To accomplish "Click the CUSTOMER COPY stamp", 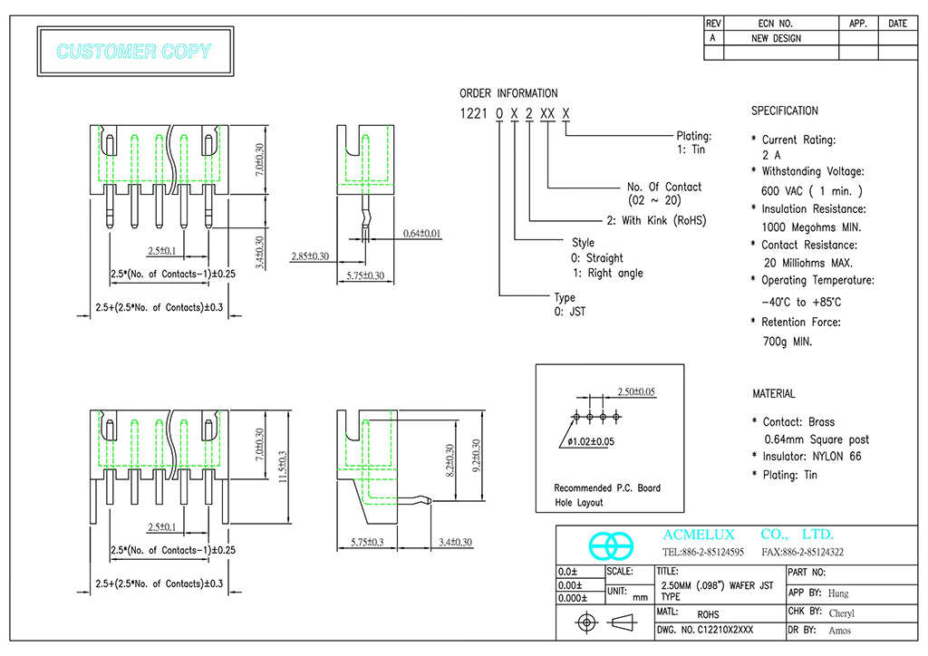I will coord(134,52).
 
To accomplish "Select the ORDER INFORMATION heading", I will coord(508,93).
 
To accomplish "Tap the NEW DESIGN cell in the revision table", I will coord(776,38).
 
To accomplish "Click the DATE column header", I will coord(897,24).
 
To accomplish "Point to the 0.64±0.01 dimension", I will coord(423,235).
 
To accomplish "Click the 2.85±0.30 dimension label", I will coord(310,256).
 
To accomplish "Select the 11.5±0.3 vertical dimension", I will coord(282,467).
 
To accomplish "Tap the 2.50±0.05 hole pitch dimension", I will coord(636,391).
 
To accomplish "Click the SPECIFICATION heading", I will coord(784,111).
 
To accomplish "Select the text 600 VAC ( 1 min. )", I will coord(812,190).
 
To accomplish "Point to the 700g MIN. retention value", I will coord(787,342).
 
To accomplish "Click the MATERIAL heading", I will coord(773,394).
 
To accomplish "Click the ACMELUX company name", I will coord(699,535).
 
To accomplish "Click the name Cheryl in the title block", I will coord(841,613).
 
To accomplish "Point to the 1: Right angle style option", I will coord(607,273).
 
